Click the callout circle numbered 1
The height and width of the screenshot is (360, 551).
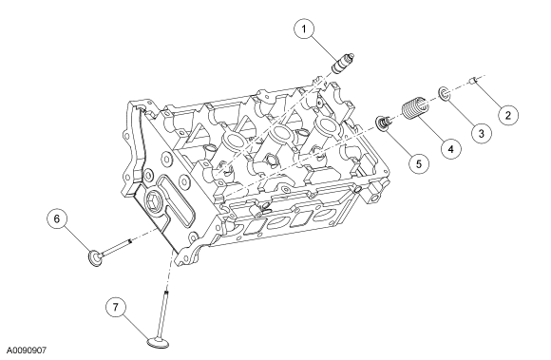click(304, 29)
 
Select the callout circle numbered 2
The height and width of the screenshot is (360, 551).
click(508, 115)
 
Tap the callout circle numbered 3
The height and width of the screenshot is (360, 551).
click(481, 133)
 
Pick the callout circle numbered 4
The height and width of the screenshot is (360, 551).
click(451, 148)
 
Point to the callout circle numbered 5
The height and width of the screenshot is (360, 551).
click(419, 163)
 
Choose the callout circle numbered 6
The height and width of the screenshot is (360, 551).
click(57, 218)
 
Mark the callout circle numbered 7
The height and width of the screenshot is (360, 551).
click(116, 308)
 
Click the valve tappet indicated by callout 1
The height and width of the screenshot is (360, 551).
click(343, 64)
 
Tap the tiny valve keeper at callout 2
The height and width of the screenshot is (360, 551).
click(473, 82)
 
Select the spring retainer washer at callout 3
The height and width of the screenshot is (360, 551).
click(444, 94)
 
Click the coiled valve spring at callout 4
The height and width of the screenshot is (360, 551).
click(416, 107)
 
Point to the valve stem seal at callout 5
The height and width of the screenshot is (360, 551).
click(384, 123)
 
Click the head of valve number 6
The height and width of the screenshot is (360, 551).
click(95, 257)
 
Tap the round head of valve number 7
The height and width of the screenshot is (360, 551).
click(158, 343)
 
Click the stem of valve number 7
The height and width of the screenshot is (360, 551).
click(163, 313)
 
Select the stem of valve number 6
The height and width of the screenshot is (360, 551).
click(117, 247)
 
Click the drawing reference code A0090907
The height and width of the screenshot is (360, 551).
click(27, 351)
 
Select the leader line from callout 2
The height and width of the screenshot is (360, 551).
click(487, 94)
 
